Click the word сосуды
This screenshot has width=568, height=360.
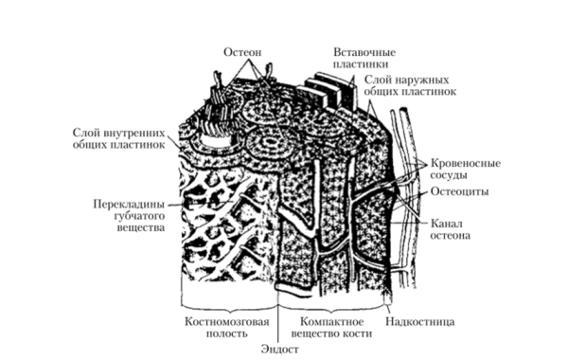click(453, 176)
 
